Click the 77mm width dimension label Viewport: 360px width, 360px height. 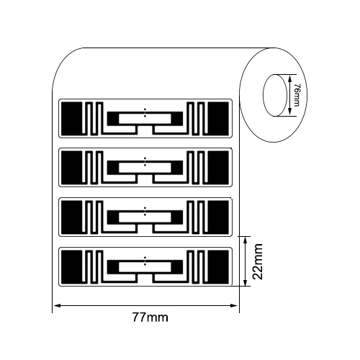click(150, 318)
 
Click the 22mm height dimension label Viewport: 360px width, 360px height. click(258, 261)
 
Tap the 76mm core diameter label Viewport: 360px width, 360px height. click(297, 95)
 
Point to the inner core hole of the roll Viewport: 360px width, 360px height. click(275, 95)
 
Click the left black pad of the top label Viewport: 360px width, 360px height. click(72, 119)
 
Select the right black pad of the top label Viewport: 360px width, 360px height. click(218, 119)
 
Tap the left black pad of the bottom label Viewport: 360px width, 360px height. click(72, 267)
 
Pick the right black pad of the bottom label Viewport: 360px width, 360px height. click(218, 267)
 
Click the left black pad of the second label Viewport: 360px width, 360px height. click(72, 168)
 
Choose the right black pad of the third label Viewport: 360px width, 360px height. click(218, 217)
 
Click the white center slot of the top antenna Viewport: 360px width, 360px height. click(145, 119)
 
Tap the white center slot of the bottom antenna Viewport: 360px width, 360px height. click(145, 267)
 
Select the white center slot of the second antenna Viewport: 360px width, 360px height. click(145, 168)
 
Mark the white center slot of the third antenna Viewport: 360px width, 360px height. click(145, 217)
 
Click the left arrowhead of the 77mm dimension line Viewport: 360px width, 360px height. click(57, 305)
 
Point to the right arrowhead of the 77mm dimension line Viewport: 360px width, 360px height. click(234, 305)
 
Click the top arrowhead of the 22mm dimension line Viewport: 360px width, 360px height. click(245, 240)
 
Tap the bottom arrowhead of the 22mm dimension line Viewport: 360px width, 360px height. click(245, 282)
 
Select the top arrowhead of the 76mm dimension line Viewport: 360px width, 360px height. click(289, 78)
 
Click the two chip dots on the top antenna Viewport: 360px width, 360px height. click(145, 113)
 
